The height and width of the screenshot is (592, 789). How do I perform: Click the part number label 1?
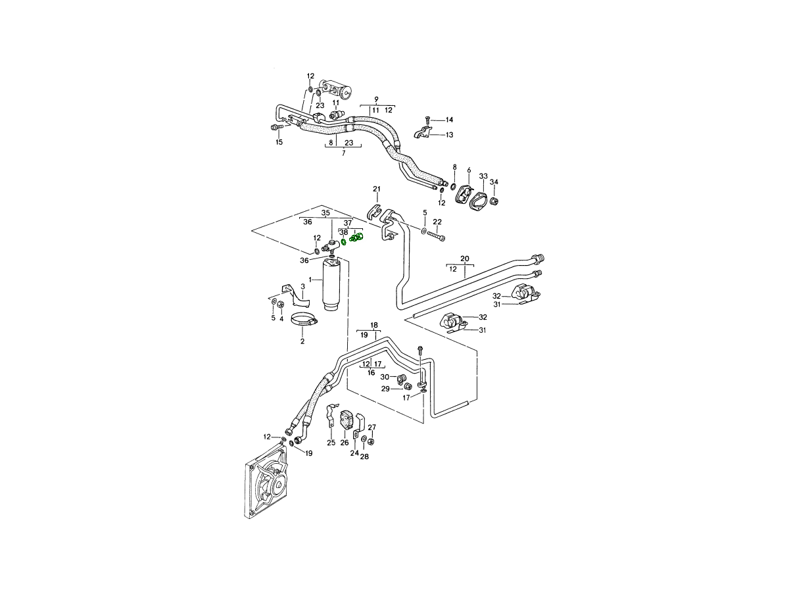(x=310, y=280)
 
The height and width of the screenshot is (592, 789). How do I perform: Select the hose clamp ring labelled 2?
(x=304, y=320)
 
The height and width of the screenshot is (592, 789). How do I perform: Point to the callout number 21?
(x=377, y=189)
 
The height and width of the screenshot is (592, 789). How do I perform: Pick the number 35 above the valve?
(x=325, y=213)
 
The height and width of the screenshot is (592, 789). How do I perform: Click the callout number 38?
(x=344, y=232)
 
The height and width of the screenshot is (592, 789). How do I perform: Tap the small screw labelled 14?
(x=427, y=120)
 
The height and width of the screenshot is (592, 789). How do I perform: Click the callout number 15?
(x=279, y=142)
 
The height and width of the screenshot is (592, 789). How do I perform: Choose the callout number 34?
(x=494, y=182)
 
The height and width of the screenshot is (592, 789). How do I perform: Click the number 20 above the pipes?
(x=465, y=259)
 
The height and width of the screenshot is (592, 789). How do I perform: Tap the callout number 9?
(x=376, y=99)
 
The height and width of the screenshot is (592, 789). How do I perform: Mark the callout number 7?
(x=344, y=153)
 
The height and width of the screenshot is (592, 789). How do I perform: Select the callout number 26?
(x=345, y=443)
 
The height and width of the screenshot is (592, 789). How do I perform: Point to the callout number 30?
(x=385, y=377)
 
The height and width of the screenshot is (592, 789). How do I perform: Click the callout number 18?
(x=374, y=326)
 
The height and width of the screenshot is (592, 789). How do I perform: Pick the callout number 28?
(x=364, y=457)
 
